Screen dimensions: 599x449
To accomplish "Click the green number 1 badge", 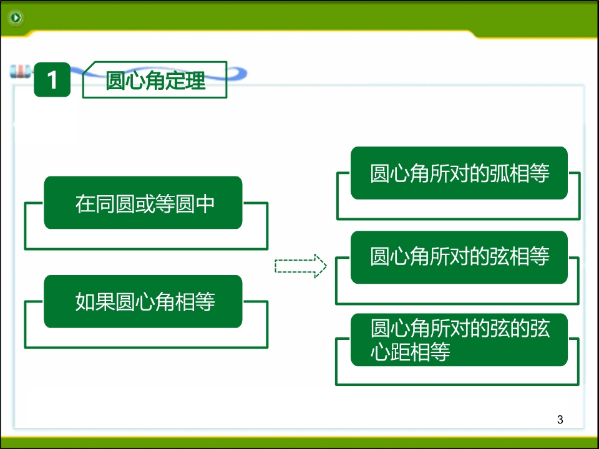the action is [52, 79].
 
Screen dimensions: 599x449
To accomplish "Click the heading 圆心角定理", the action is [155, 80].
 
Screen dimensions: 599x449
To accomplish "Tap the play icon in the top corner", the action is [16, 17].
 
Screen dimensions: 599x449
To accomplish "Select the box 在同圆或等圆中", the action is [143, 203].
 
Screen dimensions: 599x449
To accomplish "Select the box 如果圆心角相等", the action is [143, 301].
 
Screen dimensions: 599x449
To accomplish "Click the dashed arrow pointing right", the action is [301, 266].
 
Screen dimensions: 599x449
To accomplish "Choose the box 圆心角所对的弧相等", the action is [459, 173].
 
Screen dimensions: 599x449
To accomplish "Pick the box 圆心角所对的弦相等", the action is [459, 257].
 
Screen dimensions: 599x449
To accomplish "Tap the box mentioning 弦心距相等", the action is [459, 339].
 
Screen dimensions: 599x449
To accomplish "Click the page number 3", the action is [560, 420].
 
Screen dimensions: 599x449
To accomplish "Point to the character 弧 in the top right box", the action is [499, 173].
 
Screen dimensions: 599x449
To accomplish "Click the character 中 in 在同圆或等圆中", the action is [205, 203].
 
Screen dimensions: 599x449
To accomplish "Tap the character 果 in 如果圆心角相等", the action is [105, 302].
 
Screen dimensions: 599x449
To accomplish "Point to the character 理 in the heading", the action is [195, 80].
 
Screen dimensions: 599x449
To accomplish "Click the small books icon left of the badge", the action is [20, 71].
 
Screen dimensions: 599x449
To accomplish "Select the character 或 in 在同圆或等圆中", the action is [145, 203].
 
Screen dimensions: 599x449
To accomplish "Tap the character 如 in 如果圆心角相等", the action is [85, 302].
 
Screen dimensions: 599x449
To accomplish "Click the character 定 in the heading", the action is [175, 80].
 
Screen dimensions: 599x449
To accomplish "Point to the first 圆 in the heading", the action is [115, 80].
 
